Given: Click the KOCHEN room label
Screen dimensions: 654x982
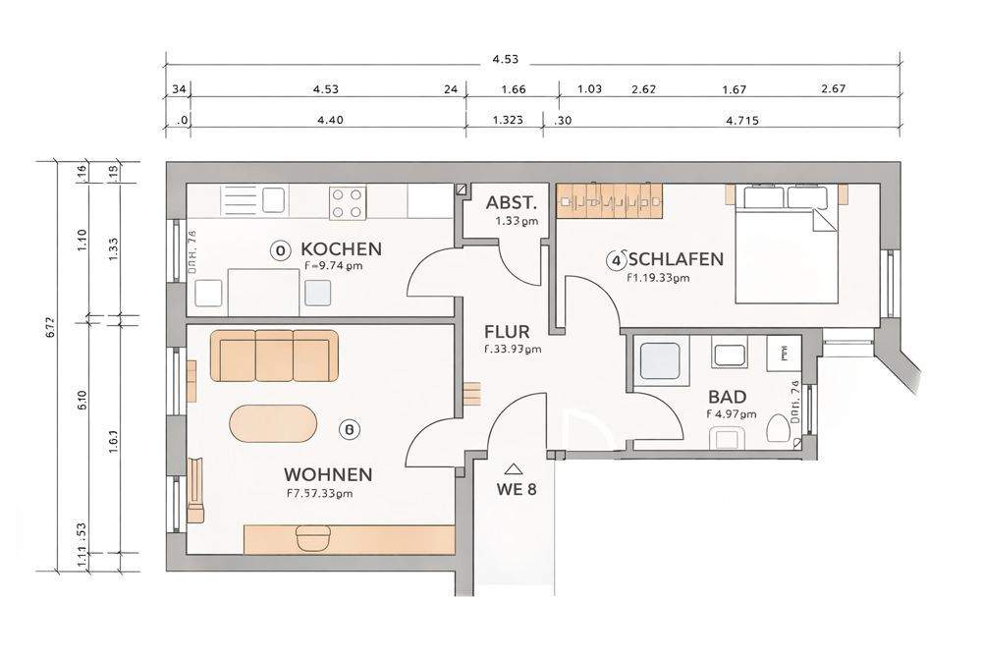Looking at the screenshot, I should pyautogui.click(x=341, y=248).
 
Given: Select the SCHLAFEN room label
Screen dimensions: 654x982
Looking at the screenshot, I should pyautogui.click(x=676, y=259).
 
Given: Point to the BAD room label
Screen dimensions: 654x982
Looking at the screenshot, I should pyautogui.click(x=727, y=397).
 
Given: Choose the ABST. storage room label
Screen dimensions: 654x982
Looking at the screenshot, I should pyautogui.click(x=511, y=204).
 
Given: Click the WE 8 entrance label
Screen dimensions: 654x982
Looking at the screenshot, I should pyautogui.click(x=515, y=489).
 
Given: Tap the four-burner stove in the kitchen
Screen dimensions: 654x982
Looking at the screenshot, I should pyautogui.click(x=346, y=203).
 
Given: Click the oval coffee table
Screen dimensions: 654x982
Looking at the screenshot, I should pyautogui.click(x=274, y=426).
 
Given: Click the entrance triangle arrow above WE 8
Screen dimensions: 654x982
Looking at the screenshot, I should pyautogui.click(x=514, y=469).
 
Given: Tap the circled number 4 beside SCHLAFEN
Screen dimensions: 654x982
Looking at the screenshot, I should pyautogui.click(x=616, y=260).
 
